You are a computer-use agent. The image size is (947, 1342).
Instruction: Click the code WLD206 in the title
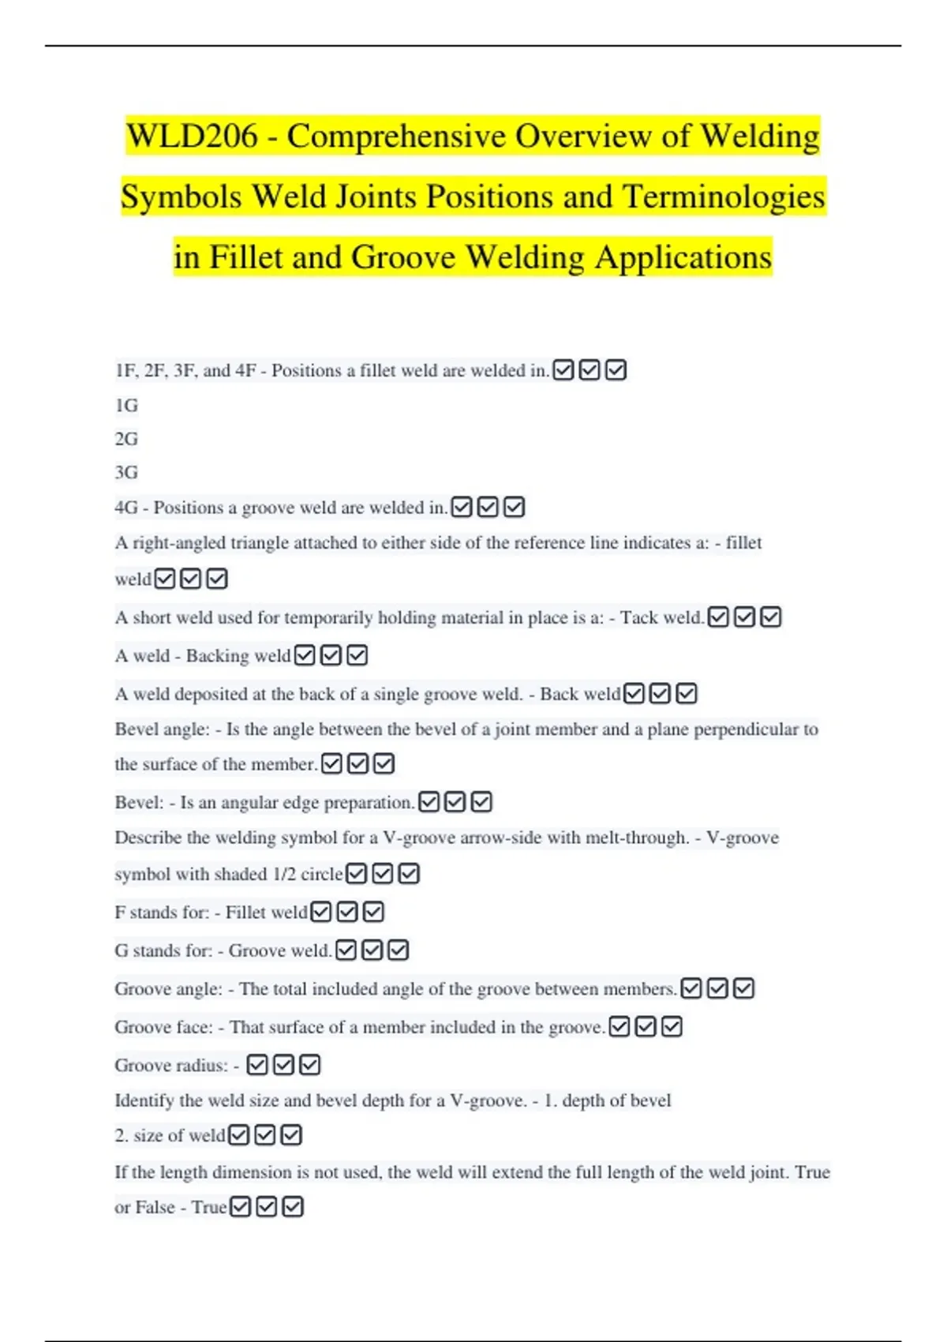coord(192,137)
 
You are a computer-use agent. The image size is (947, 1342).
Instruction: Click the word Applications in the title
coord(683,258)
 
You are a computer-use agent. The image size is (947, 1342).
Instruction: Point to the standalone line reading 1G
coord(126,406)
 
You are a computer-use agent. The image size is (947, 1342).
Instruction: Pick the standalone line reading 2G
coord(126,439)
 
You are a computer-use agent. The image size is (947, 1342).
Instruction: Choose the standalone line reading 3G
coord(126,473)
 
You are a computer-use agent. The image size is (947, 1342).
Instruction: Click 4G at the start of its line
coord(126,508)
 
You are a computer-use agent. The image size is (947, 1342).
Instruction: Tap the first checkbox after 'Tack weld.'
coord(718,617)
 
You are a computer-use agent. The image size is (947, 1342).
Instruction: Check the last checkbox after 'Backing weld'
coord(357,655)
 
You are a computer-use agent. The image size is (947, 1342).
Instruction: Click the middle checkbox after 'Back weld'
coord(661,694)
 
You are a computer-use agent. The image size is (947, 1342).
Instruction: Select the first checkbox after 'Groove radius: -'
coord(257,1066)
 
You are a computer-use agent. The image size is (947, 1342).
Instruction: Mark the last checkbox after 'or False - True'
coord(293,1207)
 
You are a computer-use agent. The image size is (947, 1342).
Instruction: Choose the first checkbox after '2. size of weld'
coord(238,1135)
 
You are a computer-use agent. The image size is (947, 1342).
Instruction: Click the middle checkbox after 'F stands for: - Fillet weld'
coord(347,913)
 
